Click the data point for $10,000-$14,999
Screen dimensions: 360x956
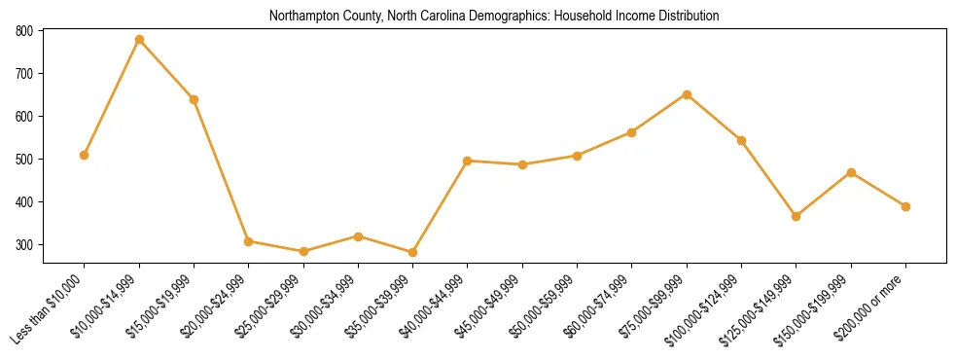pos(139,40)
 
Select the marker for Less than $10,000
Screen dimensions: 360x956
pos(85,155)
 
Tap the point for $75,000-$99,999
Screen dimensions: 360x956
pos(687,94)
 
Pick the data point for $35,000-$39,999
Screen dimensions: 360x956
pos(413,252)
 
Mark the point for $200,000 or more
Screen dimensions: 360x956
pos(905,206)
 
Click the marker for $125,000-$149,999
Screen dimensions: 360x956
pos(797,216)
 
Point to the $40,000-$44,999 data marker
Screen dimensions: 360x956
pos(468,161)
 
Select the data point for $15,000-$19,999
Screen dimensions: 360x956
pos(195,99)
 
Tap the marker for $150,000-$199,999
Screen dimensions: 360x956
pos(851,172)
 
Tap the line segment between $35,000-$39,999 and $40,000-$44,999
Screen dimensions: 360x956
pos(441,206)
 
